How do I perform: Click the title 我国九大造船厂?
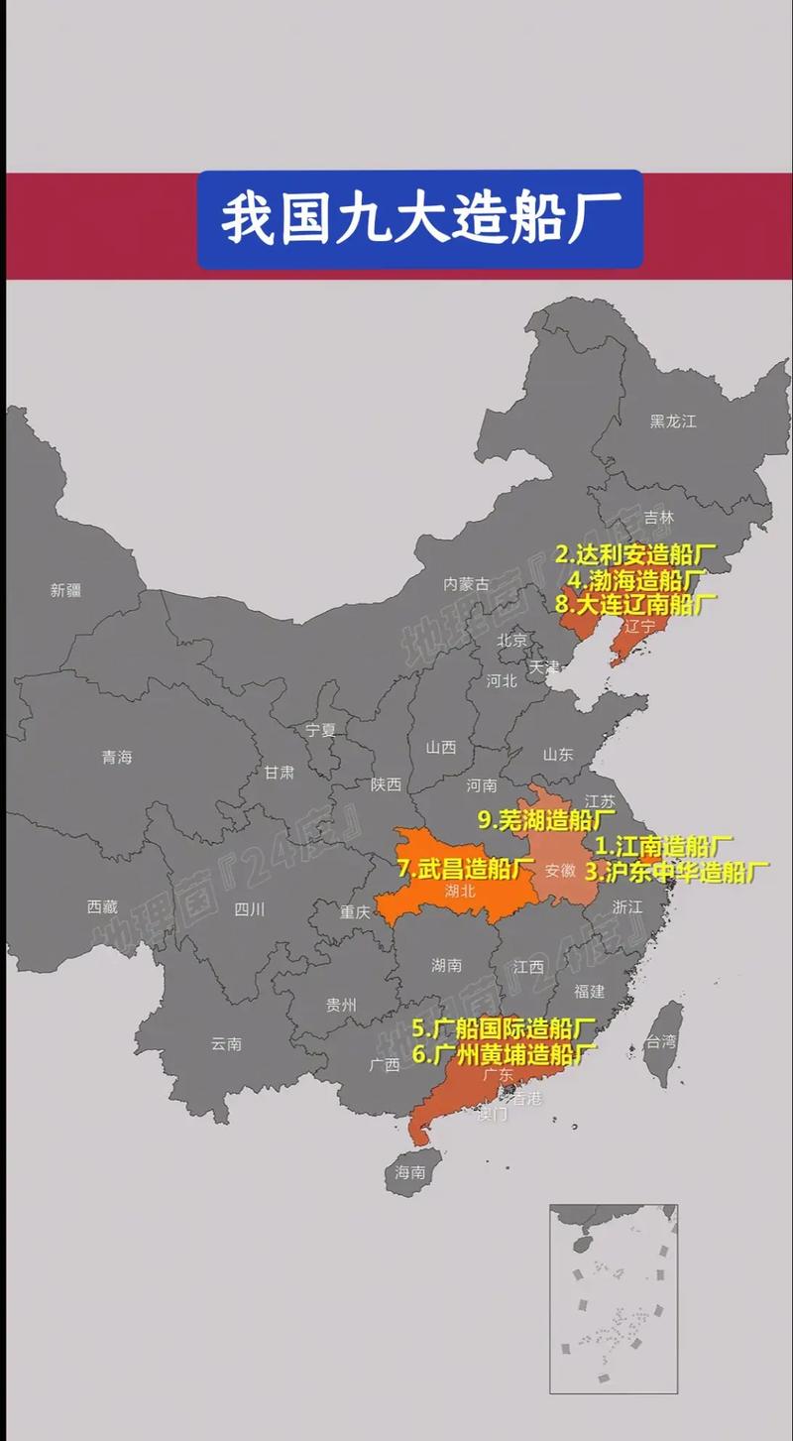[420, 219]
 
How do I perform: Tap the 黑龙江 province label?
[673, 421]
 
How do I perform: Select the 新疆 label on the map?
[65, 590]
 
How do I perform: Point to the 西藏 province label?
[102, 905]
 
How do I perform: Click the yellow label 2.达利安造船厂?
[634, 554]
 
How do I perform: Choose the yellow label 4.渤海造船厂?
[636, 579]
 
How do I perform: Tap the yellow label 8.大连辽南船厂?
[635, 603]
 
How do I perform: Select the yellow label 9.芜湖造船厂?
[546, 820]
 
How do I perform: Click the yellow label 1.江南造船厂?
[663, 847]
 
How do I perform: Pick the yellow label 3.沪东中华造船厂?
[677, 873]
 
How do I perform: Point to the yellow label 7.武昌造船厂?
[466, 869]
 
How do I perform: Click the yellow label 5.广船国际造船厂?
[505, 1027]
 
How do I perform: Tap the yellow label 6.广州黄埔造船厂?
[505, 1052]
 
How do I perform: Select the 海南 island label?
[410, 1171]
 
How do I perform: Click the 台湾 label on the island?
[661, 1041]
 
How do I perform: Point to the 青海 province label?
[116, 757]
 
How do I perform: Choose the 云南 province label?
[226, 1043]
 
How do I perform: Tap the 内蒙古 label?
[466, 584]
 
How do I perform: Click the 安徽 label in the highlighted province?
[560, 870]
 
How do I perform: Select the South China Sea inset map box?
[614, 1299]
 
